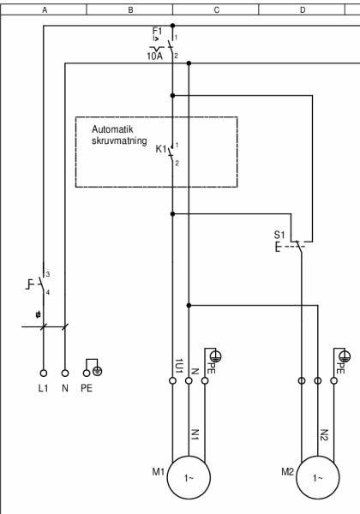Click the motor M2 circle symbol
point(317,478)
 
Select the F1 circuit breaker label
point(157,31)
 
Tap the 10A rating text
point(153,56)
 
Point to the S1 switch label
point(279,234)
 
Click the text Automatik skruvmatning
point(119,134)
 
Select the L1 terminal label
point(43,388)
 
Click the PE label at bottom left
point(87,388)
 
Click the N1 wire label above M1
point(195,435)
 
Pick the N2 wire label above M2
point(324,435)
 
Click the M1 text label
point(157,471)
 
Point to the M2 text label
point(287,471)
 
